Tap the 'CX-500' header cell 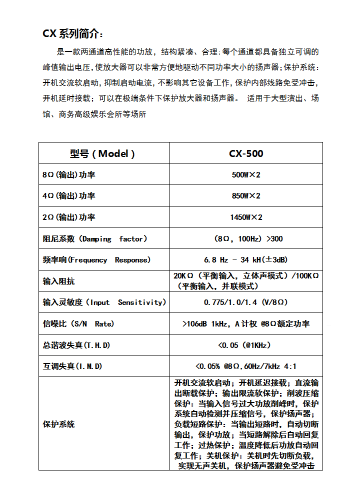(x=246, y=153)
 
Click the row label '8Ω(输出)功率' (x=69, y=175)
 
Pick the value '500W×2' (x=246, y=175)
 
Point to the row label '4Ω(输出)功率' (x=69, y=196)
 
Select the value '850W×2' (x=246, y=196)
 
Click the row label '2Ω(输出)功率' (x=69, y=217)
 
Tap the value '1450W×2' (x=246, y=217)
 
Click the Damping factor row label (x=95, y=239)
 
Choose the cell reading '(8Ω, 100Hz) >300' (x=246, y=239)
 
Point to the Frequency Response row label (x=96, y=260)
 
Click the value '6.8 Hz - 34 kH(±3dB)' (x=246, y=260)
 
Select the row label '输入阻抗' (x=59, y=281)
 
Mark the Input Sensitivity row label (x=104, y=302)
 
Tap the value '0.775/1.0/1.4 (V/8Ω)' (x=246, y=302)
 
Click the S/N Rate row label (x=78, y=324)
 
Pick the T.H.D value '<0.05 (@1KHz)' (x=246, y=345)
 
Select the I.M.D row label (x=72, y=366)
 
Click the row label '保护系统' (x=59, y=424)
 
